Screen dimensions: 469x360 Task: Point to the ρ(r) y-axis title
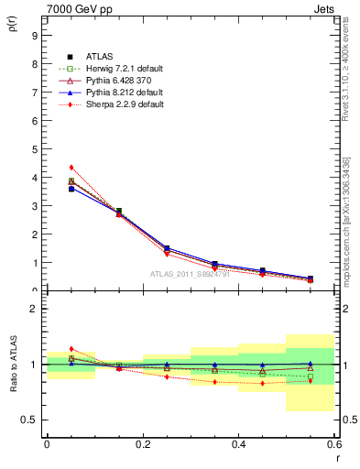point(12,27)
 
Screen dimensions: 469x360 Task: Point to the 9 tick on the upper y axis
point(34,37)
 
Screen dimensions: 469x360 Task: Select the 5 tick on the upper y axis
point(34,149)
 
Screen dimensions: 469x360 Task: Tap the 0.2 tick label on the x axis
point(143,444)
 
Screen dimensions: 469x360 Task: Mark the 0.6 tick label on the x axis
point(333,444)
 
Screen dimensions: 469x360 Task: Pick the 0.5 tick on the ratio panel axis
point(30,420)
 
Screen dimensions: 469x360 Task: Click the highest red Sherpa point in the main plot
point(71,168)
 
